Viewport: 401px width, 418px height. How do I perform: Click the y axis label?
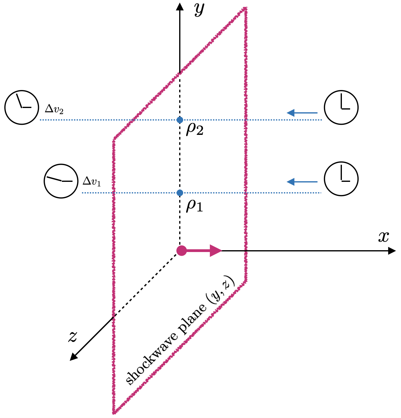(199, 10)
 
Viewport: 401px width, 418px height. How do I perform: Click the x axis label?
(384, 237)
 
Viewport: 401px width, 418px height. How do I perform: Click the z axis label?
(73, 337)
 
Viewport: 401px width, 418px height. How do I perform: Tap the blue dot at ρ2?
(180, 120)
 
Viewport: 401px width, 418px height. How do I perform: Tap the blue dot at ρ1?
(180, 193)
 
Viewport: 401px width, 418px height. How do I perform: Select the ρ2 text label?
(195, 129)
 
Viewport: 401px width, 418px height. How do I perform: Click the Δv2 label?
(54, 109)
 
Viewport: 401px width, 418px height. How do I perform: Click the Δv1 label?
(92, 182)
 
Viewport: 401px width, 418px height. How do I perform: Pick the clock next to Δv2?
(22, 107)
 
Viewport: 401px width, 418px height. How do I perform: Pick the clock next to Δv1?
(61, 181)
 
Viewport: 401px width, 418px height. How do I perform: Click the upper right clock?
(341, 107)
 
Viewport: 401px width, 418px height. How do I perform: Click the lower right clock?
(341, 179)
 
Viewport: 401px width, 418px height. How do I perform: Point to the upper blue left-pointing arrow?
(302, 113)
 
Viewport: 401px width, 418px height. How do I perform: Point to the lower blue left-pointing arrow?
(302, 182)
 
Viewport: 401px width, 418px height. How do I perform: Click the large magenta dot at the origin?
(182, 250)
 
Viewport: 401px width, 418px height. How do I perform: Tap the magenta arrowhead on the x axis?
(216, 251)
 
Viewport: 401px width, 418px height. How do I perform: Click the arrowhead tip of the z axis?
(71, 359)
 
